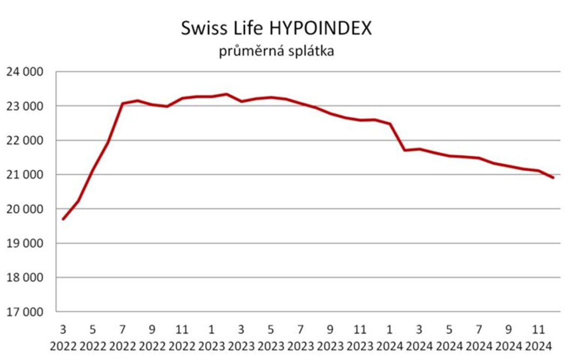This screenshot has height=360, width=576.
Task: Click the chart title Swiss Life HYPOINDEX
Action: (x=276, y=28)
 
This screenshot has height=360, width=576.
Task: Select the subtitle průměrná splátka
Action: (x=276, y=51)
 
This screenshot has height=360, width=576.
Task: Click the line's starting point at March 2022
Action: (x=63, y=219)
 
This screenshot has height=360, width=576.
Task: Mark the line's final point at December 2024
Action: (x=553, y=178)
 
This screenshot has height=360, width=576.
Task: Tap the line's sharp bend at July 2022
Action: (x=122, y=103)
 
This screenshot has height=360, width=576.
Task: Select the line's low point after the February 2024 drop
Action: (x=405, y=150)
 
